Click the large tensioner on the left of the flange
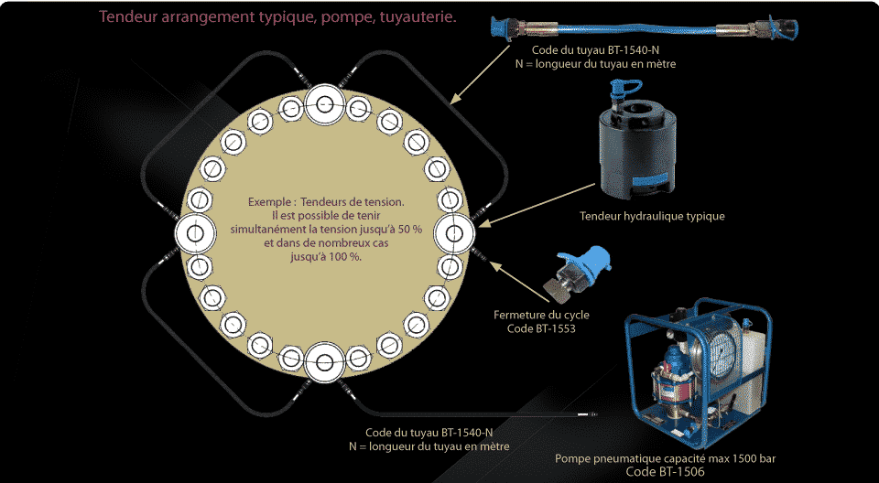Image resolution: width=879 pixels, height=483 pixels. coord(194,235)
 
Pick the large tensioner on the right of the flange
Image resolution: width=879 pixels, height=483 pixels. coord(454,234)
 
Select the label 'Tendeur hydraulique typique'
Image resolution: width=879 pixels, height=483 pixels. coord(652,217)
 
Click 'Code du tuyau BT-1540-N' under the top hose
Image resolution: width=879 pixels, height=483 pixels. coord(595,51)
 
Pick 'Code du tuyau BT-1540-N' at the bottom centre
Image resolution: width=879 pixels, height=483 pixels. coord(429,433)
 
